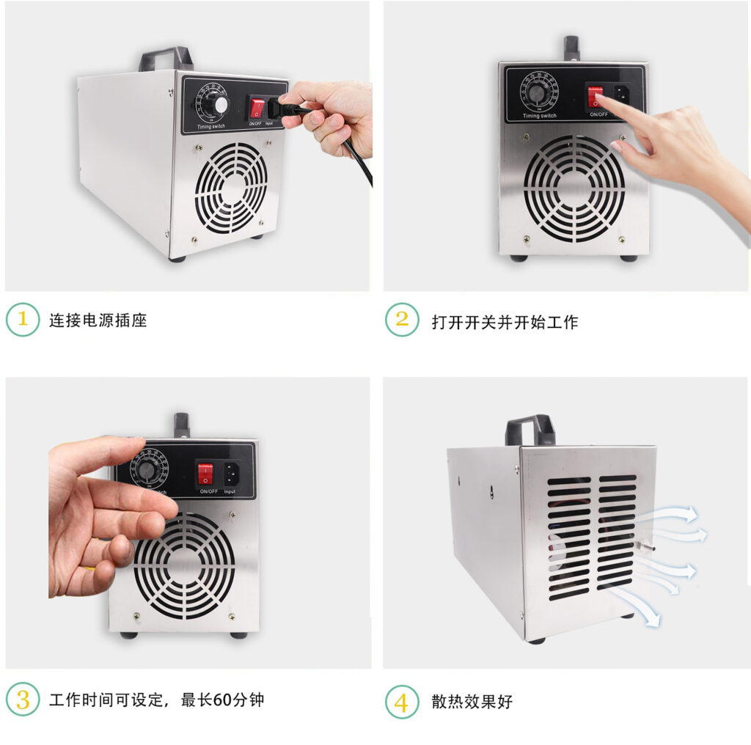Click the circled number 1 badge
click(23, 320)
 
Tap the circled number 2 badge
click(402, 320)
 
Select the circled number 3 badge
click(23, 700)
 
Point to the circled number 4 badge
click(402, 702)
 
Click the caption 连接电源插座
click(98, 320)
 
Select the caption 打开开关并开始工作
click(505, 321)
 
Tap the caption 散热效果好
click(472, 702)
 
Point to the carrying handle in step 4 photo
click(530, 428)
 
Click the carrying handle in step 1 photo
click(166, 58)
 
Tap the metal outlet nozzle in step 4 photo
click(645, 546)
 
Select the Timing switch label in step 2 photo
click(540, 116)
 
